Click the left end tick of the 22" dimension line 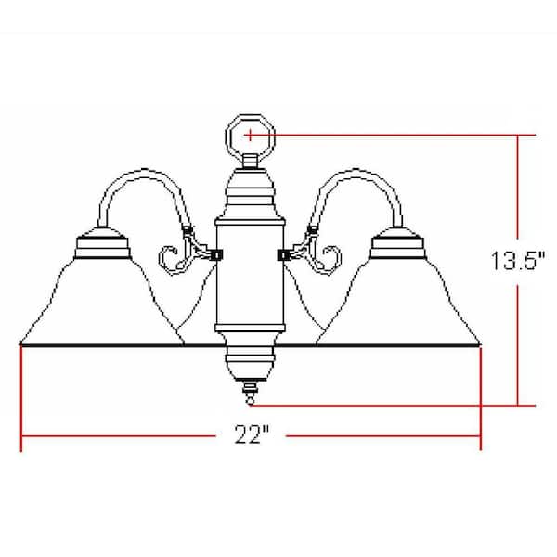tap(20, 436)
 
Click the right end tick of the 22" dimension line tap(480, 436)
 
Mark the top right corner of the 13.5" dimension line tap(517, 136)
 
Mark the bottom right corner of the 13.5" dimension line tap(517, 405)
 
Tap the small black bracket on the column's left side tap(217, 253)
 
